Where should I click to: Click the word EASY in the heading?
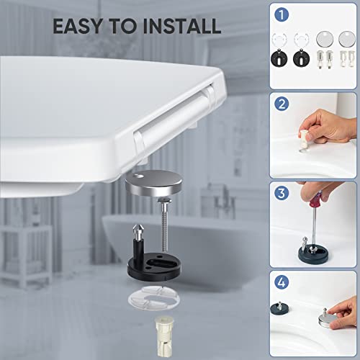coord(77,26)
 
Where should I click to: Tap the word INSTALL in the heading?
coord(181,26)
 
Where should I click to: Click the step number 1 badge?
coord(282,14)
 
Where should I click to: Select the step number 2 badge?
coord(282,104)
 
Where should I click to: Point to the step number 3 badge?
coord(282,194)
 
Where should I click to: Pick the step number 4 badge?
coord(282,282)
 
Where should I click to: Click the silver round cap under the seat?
coord(153,184)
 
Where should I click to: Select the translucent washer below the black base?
coord(154,298)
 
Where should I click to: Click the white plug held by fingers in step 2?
coord(304,140)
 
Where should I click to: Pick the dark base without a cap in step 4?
coord(279,308)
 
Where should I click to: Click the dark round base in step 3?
coord(313,254)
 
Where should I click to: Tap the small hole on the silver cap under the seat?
coord(138,176)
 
